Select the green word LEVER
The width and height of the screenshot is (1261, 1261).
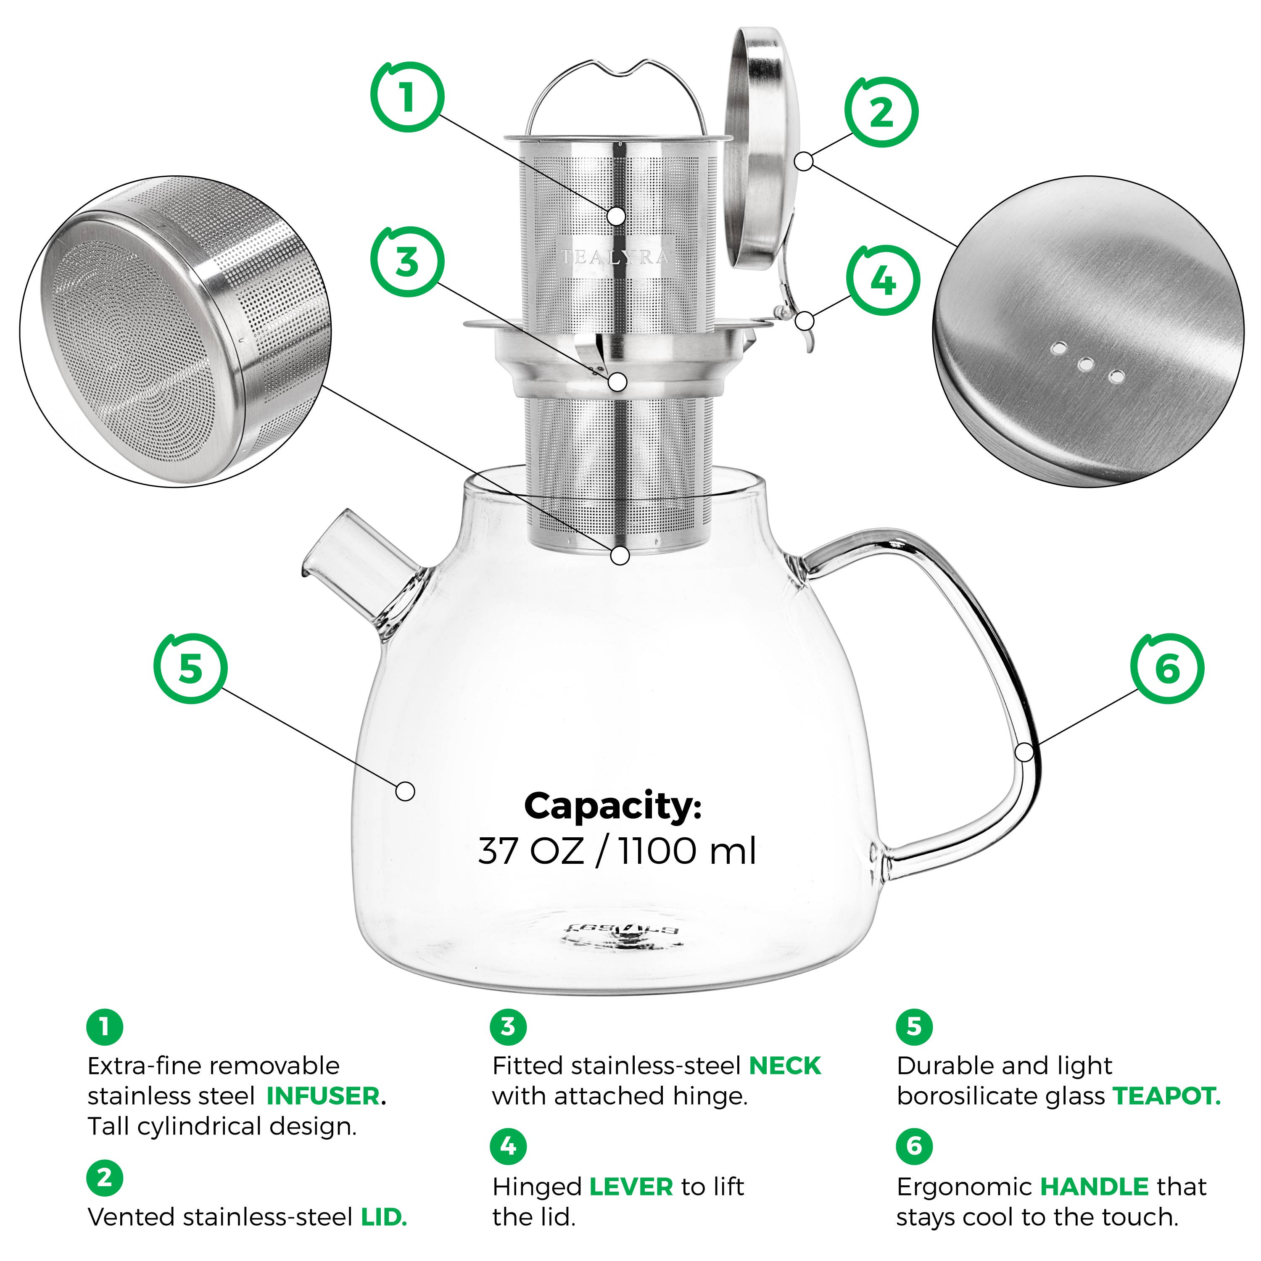click(630, 1187)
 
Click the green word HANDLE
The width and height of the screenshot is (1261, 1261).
click(1094, 1187)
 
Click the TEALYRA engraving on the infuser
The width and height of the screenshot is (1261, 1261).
click(615, 257)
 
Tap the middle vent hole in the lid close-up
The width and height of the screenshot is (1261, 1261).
click(1085, 364)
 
